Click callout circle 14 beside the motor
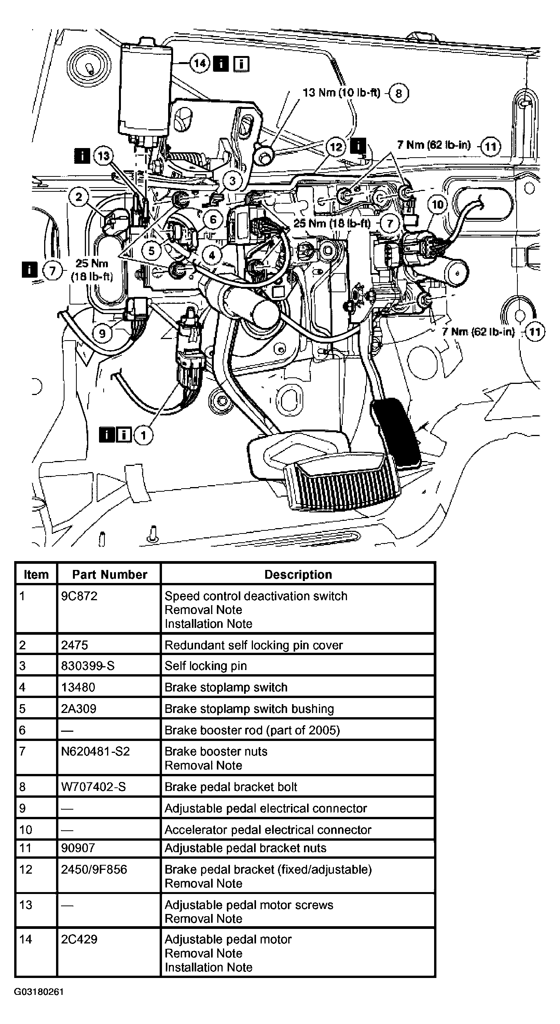coord(199,63)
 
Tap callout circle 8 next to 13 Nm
coord(398,93)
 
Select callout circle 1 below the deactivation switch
coord(143,435)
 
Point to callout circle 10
coord(437,204)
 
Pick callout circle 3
coord(233,181)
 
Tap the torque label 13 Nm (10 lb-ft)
coord(341,93)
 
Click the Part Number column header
coord(109,575)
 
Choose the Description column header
coord(298,575)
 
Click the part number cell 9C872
coord(79,596)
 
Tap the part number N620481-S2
coord(96,751)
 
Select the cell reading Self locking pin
coord(206,666)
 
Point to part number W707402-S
coord(93,787)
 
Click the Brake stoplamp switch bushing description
coord(249,709)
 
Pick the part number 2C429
coord(79,939)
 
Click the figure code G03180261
coord(39,992)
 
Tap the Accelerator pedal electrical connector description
coord(268,830)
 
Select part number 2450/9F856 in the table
coord(94,869)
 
